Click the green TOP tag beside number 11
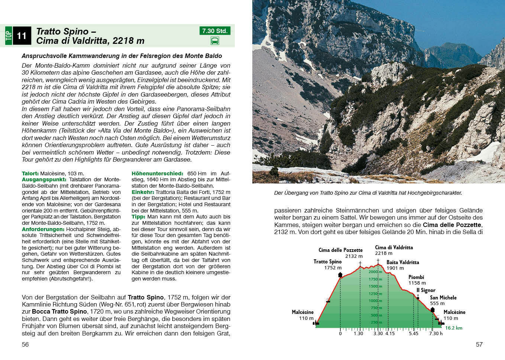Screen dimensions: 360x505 [9, 36]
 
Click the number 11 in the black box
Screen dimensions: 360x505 [22, 36]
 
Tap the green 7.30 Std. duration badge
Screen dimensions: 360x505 [214, 31]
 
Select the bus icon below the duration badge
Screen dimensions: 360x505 [215, 41]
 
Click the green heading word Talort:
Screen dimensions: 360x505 [30, 173]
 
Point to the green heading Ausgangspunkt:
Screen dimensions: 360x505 [44, 179]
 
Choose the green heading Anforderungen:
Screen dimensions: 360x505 [43, 229]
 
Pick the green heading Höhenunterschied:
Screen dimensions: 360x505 [157, 173]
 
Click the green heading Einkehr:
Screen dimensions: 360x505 [143, 192]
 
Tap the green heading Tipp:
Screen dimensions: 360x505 [138, 217]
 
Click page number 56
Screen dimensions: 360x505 [25, 344]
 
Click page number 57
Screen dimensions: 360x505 [479, 344]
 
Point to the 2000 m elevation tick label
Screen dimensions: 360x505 [375, 272]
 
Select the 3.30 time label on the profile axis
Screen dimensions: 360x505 [378, 334]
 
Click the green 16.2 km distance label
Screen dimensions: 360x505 [454, 328]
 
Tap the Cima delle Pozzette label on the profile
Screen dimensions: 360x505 [340, 250]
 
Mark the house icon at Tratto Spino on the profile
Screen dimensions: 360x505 [340, 275]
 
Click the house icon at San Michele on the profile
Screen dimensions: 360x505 [433, 309]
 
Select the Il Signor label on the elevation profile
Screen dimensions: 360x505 [426, 290]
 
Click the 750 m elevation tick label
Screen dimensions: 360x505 [376, 308]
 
